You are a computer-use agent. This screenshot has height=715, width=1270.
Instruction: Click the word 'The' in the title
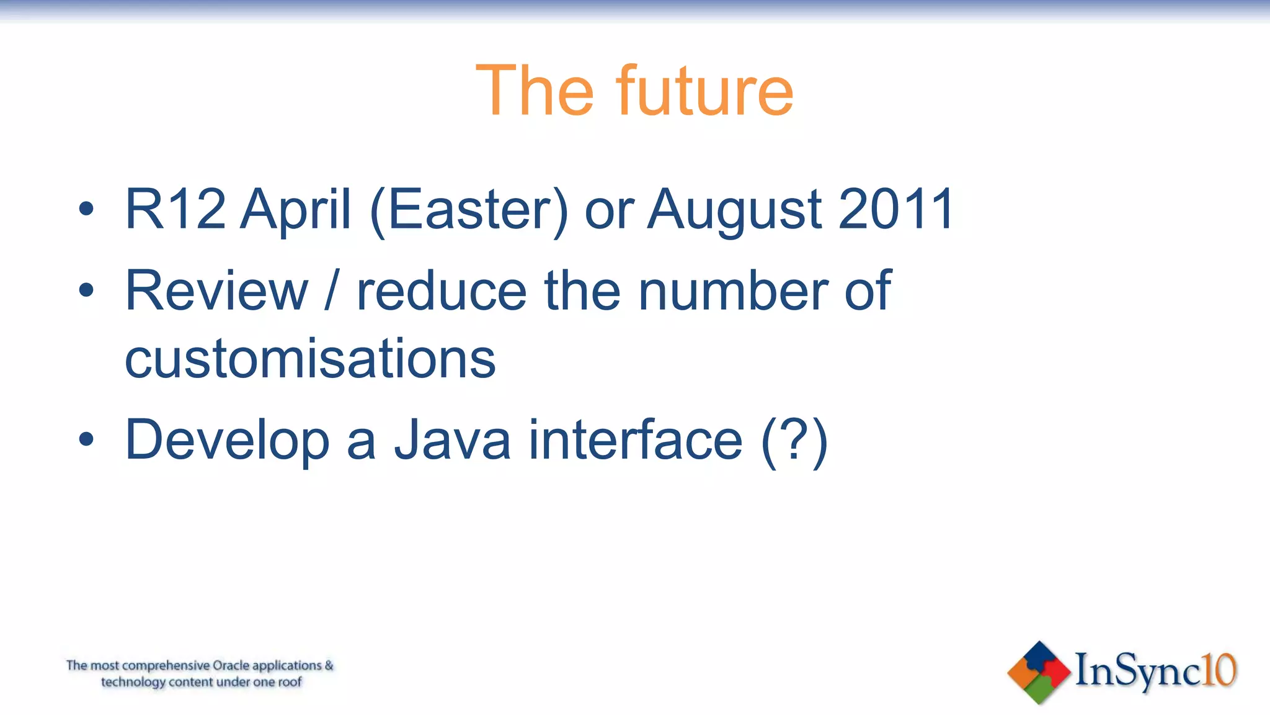535,91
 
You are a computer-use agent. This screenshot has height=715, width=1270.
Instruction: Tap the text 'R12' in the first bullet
175,209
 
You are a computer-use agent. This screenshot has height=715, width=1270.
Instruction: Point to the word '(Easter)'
468,211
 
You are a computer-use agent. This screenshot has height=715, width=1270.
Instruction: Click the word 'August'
735,211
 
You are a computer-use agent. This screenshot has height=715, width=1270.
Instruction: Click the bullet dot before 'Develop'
86,439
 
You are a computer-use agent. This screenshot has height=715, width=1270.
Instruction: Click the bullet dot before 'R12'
86,209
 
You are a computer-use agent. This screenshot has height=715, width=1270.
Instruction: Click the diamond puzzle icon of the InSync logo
1039,672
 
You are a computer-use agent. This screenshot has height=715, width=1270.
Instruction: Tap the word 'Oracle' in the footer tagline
231,666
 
